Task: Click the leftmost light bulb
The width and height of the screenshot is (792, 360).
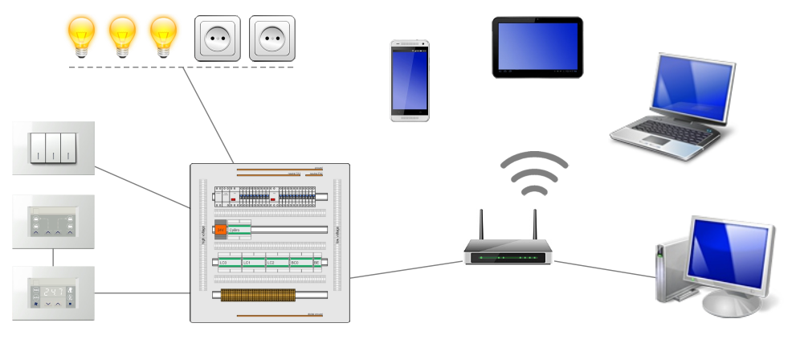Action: pyautogui.click(x=80, y=35)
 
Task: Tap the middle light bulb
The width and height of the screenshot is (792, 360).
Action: pyautogui.click(x=122, y=35)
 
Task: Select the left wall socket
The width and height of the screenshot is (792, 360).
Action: pyautogui.click(x=217, y=38)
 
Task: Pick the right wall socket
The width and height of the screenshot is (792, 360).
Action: pyautogui.click(x=271, y=38)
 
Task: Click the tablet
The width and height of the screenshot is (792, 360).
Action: pyautogui.click(x=537, y=47)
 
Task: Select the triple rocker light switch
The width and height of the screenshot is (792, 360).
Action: pyautogui.click(x=53, y=148)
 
